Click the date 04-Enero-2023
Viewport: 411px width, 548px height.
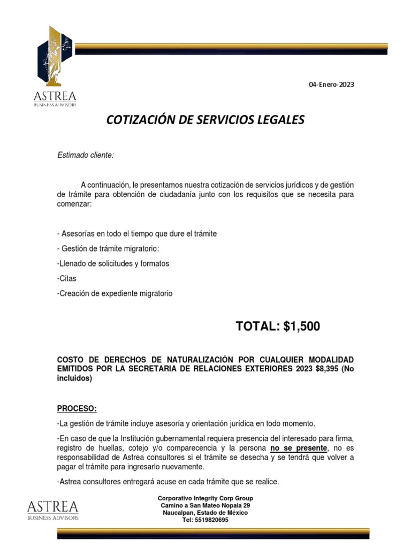(331, 85)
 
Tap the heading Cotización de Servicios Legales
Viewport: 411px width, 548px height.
(205, 120)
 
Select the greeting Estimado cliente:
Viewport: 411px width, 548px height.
(86, 155)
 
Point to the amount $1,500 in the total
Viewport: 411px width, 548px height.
(302, 326)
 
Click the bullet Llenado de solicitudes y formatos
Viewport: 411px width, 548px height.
(113, 263)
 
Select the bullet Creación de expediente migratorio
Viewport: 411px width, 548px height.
(115, 293)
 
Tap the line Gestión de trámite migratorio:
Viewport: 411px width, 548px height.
(108, 249)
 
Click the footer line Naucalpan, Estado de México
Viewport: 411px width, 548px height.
(205, 513)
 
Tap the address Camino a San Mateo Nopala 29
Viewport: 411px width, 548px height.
(205, 506)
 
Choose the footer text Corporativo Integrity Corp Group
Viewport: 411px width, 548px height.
(205, 498)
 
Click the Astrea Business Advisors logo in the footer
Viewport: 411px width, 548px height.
(52, 509)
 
